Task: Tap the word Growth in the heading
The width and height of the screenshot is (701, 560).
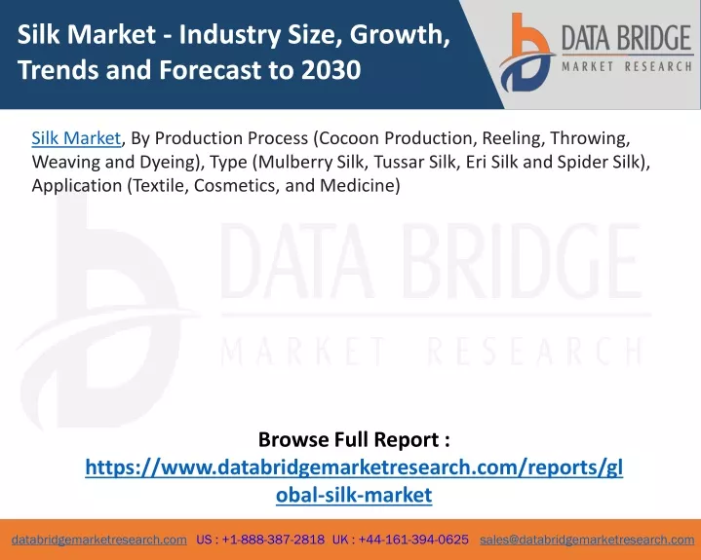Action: (399, 36)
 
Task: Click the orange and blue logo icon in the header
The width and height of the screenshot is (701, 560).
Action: (526, 53)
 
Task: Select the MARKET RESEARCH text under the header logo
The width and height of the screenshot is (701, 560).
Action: (627, 67)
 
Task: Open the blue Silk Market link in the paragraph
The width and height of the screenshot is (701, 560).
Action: (76, 138)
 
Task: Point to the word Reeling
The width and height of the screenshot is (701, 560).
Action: (513, 139)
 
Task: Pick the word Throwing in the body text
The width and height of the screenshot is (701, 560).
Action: (590, 139)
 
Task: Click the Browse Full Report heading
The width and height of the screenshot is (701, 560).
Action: (354, 439)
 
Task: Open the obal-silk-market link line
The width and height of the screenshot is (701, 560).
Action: (354, 495)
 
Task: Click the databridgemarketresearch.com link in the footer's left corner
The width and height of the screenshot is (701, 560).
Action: (99, 540)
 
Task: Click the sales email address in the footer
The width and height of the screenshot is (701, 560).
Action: (587, 540)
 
